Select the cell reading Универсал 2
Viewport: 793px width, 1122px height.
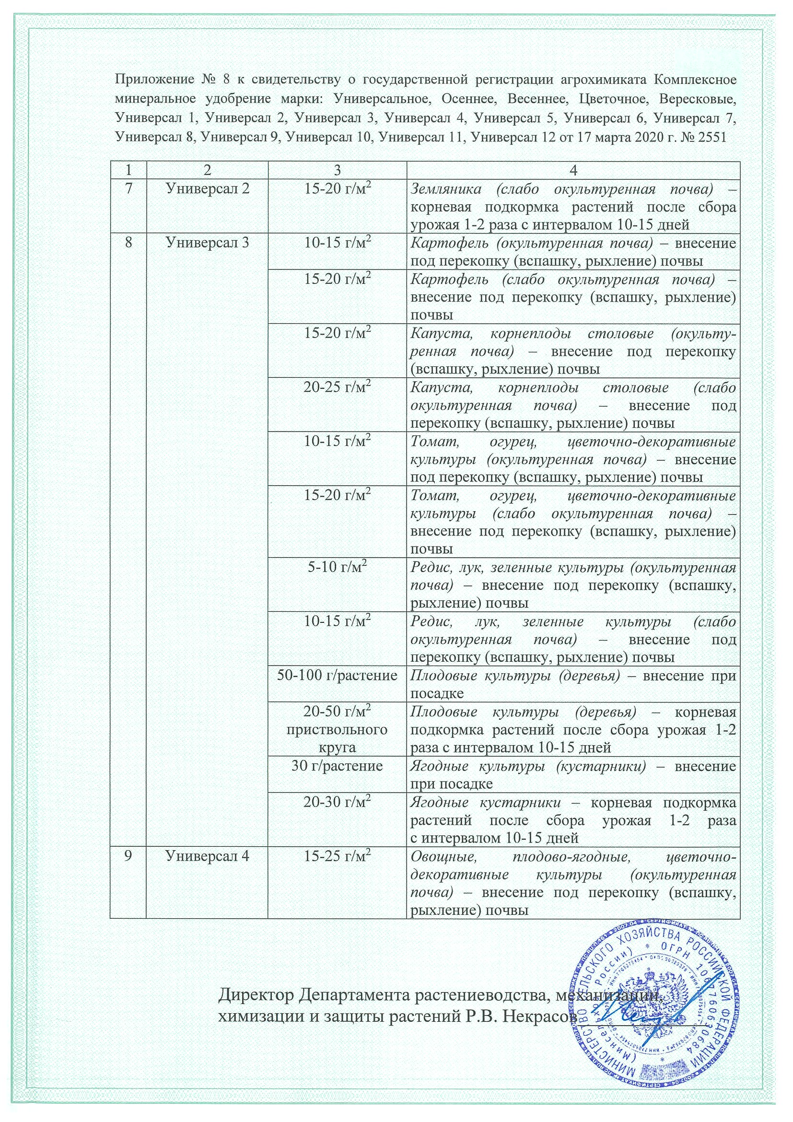(208, 188)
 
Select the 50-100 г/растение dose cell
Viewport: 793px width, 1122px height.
(337, 677)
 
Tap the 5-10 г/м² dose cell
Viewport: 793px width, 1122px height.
(337, 568)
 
